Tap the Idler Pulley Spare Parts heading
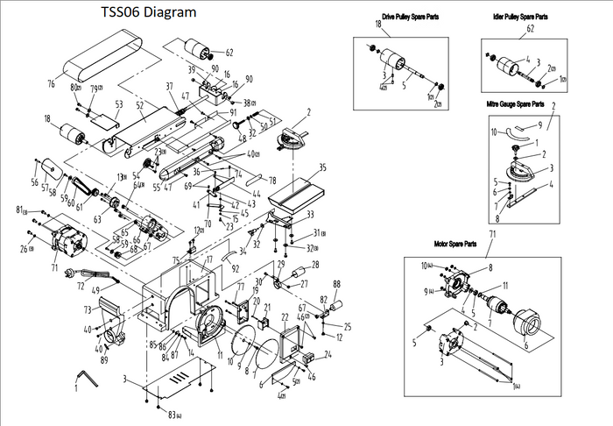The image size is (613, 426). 521,17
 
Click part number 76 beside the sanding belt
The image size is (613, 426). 51,83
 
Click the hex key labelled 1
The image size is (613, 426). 84,379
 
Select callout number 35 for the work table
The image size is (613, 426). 323,167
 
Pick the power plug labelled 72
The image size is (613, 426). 68,273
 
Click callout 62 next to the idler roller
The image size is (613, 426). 229,52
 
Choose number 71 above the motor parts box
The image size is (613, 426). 491,234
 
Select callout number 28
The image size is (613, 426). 315,265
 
